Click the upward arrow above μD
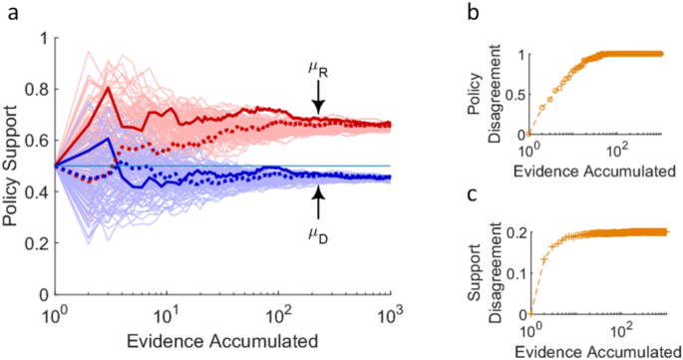tap(318, 205)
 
